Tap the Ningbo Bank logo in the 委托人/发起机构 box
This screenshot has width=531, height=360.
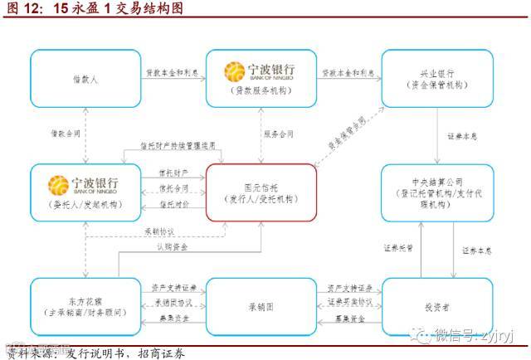(x=84, y=183)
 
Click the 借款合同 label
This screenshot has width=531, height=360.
(x=66, y=134)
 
